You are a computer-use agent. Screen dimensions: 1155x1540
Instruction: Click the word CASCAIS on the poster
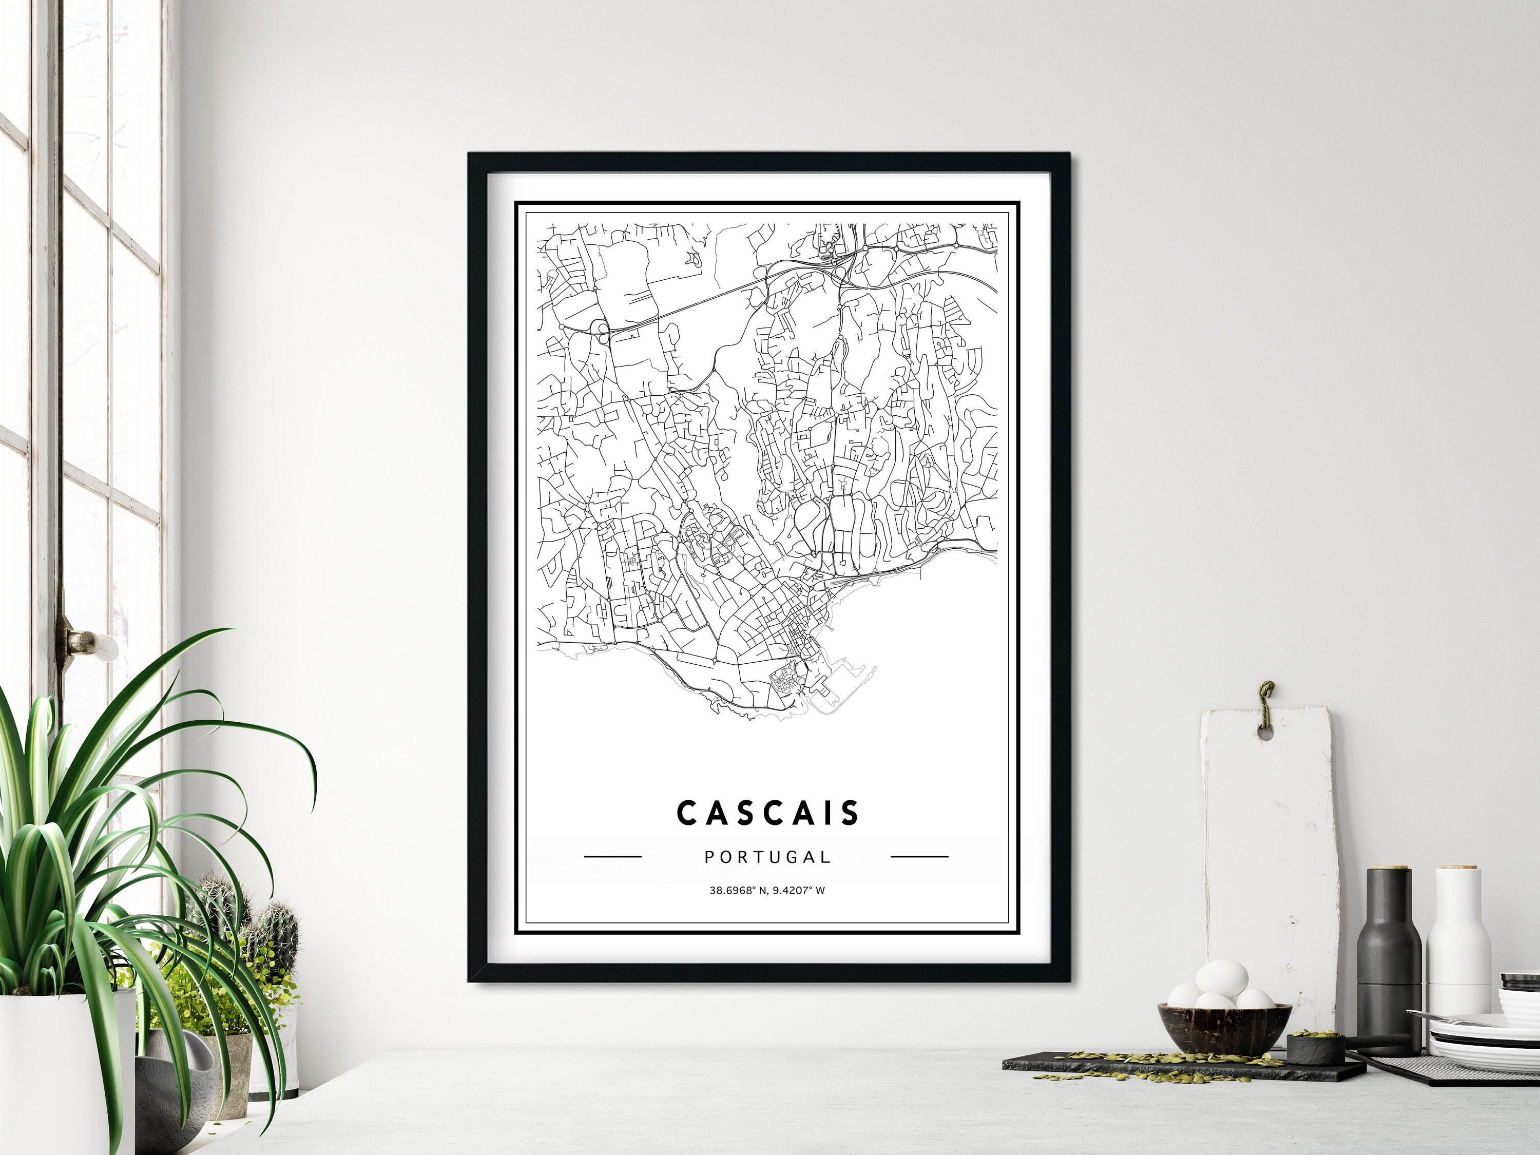coord(768,813)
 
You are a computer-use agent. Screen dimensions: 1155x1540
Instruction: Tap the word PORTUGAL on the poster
coord(767,857)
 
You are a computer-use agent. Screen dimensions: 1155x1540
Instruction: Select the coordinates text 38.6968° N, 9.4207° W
coord(767,890)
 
